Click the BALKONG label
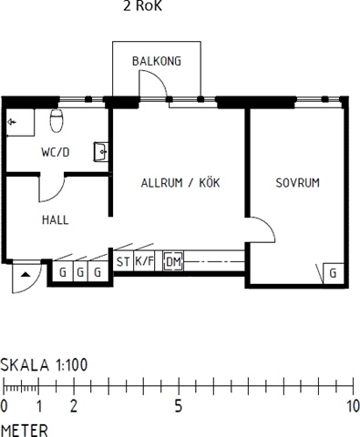click(x=157, y=61)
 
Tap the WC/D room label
click(x=56, y=152)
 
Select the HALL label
click(x=56, y=220)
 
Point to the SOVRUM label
click(x=297, y=183)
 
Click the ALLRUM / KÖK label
click(x=180, y=183)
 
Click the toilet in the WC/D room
click(x=57, y=120)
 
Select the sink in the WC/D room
click(x=100, y=152)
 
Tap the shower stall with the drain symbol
click(x=20, y=122)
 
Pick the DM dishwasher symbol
click(x=173, y=261)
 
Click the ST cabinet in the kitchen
click(x=123, y=261)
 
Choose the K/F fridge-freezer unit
click(x=144, y=261)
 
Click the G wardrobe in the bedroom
click(x=334, y=273)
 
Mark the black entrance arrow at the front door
click(x=26, y=275)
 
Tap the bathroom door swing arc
click(x=57, y=195)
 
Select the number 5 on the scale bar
click(x=179, y=406)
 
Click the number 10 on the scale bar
click(x=354, y=406)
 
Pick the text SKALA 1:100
click(x=44, y=365)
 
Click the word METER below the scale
click(x=25, y=431)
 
